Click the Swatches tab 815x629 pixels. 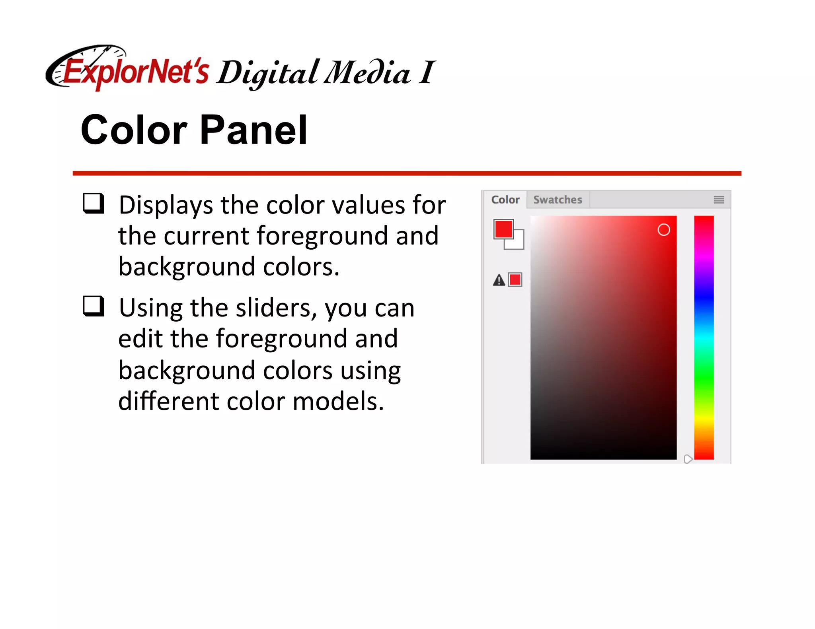tap(558, 200)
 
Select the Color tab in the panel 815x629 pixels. tap(505, 200)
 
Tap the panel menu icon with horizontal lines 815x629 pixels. tap(718, 200)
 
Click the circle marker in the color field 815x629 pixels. tap(663, 230)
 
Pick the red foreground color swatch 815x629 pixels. tap(503, 229)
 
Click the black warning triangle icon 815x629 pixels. tap(499, 280)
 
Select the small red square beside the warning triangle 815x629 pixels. tap(515, 280)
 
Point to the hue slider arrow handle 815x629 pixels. tap(688, 459)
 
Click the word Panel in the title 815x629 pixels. tap(253, 130)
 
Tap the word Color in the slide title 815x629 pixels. tap(134, 130)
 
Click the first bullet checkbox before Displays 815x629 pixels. tap(94, 204)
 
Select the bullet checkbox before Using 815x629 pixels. tap(94, 306)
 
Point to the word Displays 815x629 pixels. tap(166, 206)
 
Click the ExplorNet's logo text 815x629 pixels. tap(135, 72)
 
